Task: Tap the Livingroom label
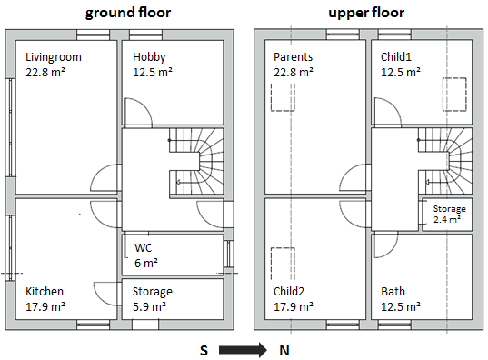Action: coord(54,57)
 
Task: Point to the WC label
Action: coord(144,247)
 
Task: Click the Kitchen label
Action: coord(45,292)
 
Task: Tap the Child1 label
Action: coord(398,57)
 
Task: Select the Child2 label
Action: coord(292,292)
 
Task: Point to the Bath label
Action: coord(393,292)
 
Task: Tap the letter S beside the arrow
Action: coord(205,349)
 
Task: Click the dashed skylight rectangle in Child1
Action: coord(453,94)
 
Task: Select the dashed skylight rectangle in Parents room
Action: coord(282,95)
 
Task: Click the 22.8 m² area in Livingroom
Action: coord(45,72)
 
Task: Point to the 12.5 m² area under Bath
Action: coord(401,306)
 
